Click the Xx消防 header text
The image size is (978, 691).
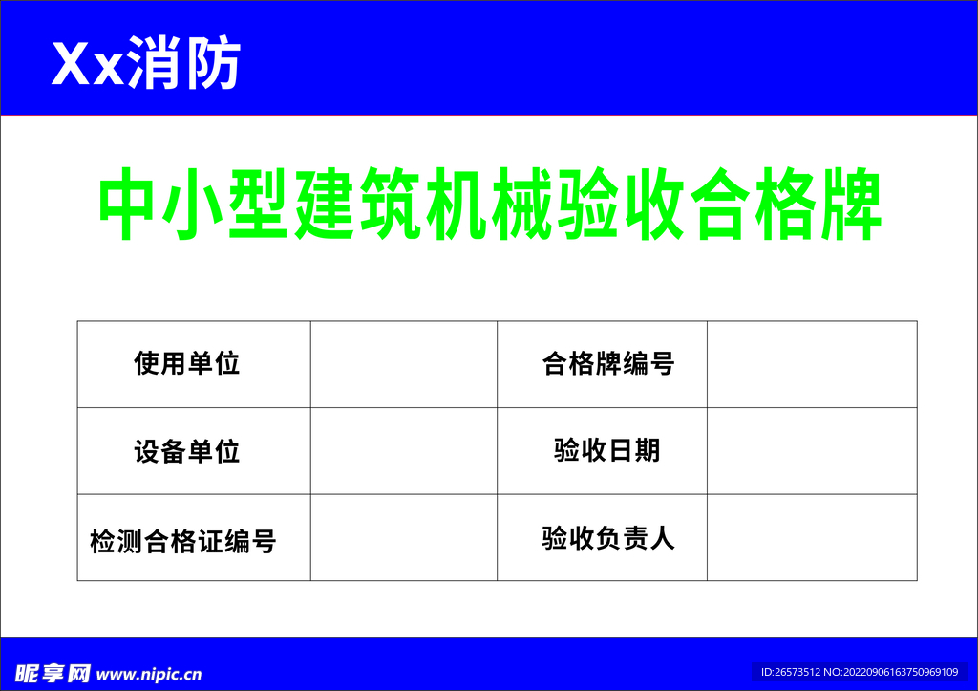(145, 65)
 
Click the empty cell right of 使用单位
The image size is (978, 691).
(403, 364)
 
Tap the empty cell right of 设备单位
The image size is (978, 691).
(403, 451)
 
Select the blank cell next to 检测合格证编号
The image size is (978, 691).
(403, 537)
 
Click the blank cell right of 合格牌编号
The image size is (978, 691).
(812, 364)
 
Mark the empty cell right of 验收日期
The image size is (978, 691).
(812, 451)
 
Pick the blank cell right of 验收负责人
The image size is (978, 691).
(812, 537)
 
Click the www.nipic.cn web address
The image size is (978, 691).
(150, 674)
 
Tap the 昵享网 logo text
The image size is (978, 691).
(53, 674)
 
